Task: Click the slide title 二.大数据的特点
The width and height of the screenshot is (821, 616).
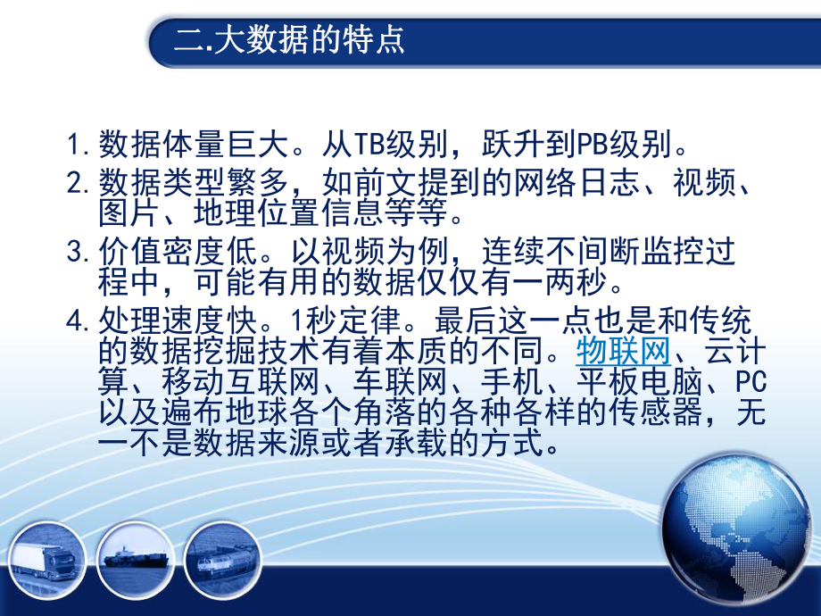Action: (289, 40)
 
